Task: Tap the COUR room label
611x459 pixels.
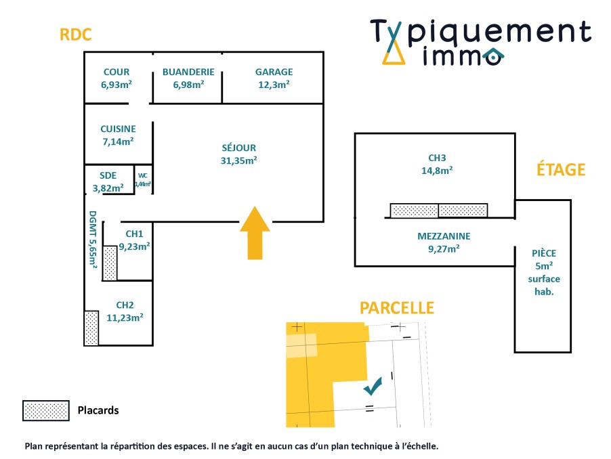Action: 117,72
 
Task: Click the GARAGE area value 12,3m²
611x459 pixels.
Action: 274,85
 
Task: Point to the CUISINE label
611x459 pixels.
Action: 118,129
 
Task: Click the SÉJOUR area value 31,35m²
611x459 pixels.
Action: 239,160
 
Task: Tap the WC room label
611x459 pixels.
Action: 142,175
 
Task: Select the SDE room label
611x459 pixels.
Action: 108,175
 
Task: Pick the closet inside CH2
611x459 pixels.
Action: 91,328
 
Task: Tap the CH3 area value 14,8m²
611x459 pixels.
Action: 436,171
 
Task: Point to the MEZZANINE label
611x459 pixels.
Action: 444,236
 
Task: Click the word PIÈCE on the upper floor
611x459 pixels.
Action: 544,254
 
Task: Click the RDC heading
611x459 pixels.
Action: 75,35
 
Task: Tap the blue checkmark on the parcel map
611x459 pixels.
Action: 373,387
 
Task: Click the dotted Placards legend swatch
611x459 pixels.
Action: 46,410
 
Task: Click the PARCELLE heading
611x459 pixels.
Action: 396,308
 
